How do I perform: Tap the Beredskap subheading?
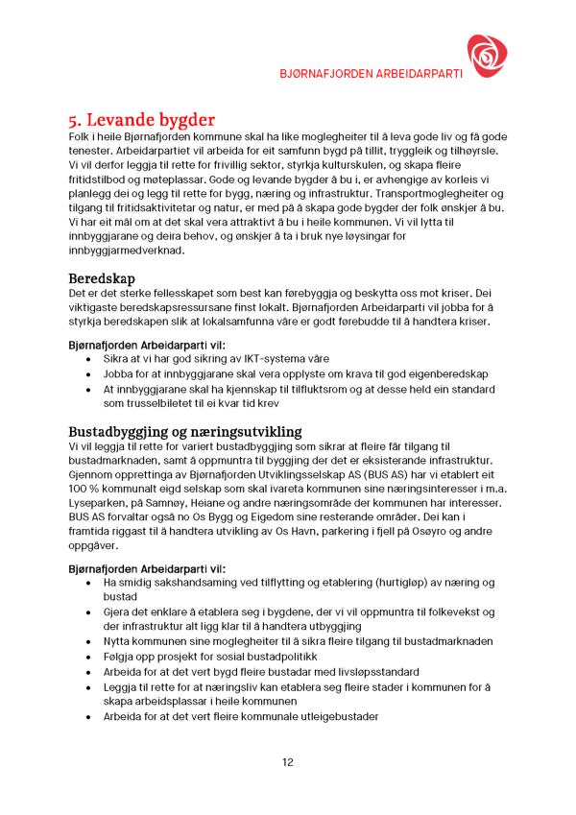(x=104, y=276)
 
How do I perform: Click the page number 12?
(x=288, y=762)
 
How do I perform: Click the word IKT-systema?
(x=265, y=356)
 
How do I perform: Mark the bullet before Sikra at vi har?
(x=89, y=356)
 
